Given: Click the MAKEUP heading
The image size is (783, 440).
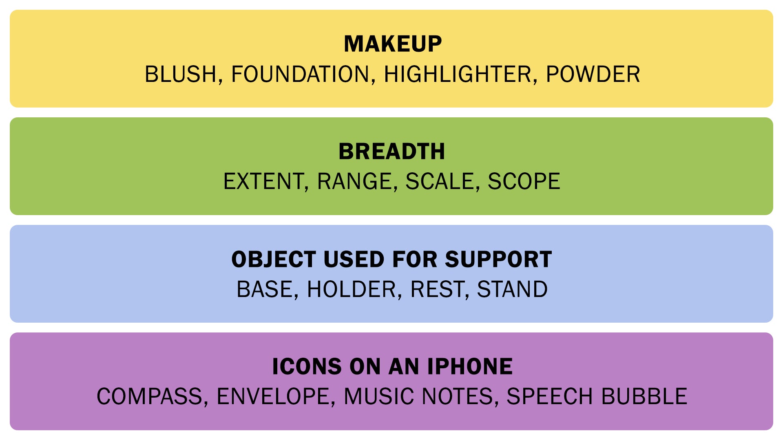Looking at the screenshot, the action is [393, 44].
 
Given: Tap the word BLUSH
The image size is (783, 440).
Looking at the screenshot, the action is [181, 74].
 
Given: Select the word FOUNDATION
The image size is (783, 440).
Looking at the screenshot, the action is [300, 74].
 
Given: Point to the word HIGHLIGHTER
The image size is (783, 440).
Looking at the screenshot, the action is [458, 74].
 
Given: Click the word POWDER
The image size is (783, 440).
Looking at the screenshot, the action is [593, 74].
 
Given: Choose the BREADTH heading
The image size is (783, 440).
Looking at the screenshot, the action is [392, 152].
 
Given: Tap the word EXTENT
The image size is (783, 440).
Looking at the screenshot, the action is [263, 181].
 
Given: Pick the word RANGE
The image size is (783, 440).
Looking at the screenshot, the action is [354, 181].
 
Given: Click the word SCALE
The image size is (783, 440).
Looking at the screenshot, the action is [440, 181].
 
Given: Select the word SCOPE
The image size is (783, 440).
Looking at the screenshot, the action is [524, 181].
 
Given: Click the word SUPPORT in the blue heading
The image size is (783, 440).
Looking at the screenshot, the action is [498, 259].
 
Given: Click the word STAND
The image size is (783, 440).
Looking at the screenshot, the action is [512, 289].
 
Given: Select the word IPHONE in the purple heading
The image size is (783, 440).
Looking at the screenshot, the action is [470, 367].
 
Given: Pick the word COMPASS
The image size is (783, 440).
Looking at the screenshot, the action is [149, 396].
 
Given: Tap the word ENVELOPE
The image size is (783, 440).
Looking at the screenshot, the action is [273, 396].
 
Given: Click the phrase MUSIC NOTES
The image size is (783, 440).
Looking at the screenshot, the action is [418, 396].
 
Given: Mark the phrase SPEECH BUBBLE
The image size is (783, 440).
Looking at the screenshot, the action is [597, 396].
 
